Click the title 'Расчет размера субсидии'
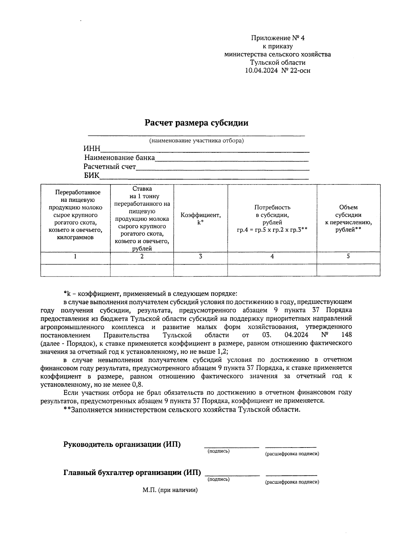[196, 123]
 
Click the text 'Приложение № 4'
[278, 38]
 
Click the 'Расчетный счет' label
[110, 167]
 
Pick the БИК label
[92, 176]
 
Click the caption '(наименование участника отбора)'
[196, 141]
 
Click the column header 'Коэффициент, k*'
[200, 219]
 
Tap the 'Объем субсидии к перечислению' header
[348, 219]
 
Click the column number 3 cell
[200, 257]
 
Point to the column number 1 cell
[75, 257]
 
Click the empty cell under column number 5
[348, 270]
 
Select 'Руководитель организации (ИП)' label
[122, 445]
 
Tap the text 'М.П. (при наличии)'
[170, 490]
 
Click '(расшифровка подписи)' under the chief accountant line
[292, 482]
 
